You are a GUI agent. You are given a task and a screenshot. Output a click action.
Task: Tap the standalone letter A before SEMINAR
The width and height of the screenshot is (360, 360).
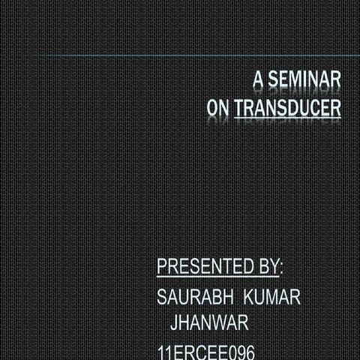tap(259, 79)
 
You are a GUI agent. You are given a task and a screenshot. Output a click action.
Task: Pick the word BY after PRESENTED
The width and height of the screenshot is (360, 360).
tap(268, 266)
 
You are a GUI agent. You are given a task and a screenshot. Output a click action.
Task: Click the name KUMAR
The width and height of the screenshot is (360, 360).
tap(271, 297)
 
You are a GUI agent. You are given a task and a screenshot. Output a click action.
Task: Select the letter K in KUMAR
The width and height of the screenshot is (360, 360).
tap(247, 297)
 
